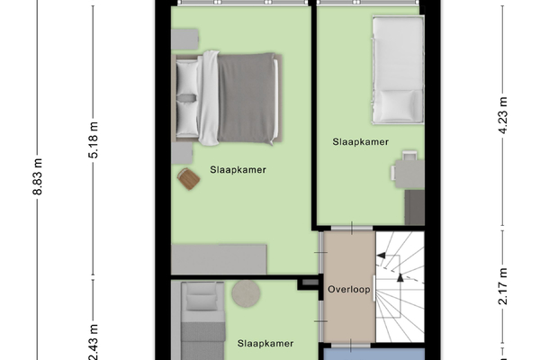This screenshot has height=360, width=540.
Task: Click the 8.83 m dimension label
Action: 37,176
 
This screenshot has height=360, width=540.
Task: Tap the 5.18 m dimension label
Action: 93,139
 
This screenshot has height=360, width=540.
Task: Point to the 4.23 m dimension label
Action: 503,115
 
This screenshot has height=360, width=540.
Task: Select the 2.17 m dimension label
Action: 503,286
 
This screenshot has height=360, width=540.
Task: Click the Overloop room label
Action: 349,290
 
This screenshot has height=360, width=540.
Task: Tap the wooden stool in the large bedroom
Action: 188,178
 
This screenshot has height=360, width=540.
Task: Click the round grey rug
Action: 246,293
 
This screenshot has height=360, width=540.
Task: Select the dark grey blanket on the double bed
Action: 247,98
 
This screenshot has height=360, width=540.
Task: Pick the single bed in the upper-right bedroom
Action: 398,70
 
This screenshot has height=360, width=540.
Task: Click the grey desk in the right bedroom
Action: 409,174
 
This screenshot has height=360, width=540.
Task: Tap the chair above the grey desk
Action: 409,156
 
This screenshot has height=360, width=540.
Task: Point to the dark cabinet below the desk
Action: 414,207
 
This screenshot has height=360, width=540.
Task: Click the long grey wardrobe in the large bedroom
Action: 219,259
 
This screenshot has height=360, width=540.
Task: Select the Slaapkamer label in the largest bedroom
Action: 238,170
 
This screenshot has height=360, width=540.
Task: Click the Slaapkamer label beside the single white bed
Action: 361,142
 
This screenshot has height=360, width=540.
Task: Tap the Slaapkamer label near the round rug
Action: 265,344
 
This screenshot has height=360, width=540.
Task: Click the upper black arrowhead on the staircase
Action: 382,256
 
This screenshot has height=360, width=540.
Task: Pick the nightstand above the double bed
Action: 184,40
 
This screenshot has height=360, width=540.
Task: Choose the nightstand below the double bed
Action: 182,153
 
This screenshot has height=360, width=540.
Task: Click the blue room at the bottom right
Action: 374,354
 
